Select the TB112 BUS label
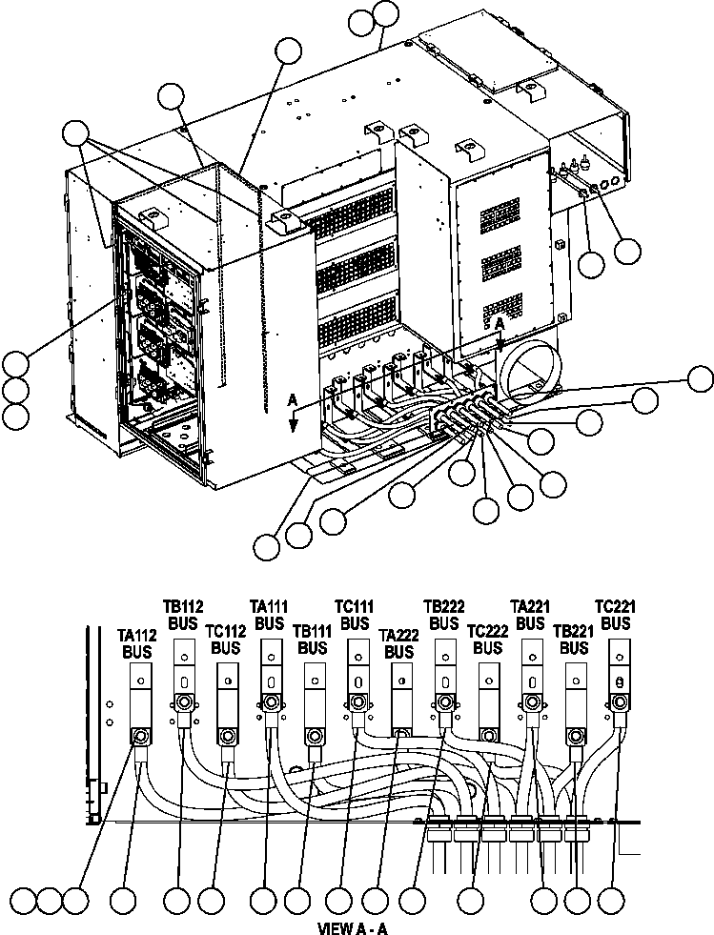182,614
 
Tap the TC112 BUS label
225,639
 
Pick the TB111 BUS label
312,639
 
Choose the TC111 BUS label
355,614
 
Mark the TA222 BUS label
398,643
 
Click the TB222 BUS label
442,614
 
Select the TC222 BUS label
487,639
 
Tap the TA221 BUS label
530,614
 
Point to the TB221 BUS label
574,639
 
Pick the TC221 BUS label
616,614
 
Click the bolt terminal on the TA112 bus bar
140,736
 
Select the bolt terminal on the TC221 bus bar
620,702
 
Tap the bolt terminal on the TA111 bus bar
271,702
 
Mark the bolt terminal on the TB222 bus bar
444,702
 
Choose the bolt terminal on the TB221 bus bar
575,736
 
